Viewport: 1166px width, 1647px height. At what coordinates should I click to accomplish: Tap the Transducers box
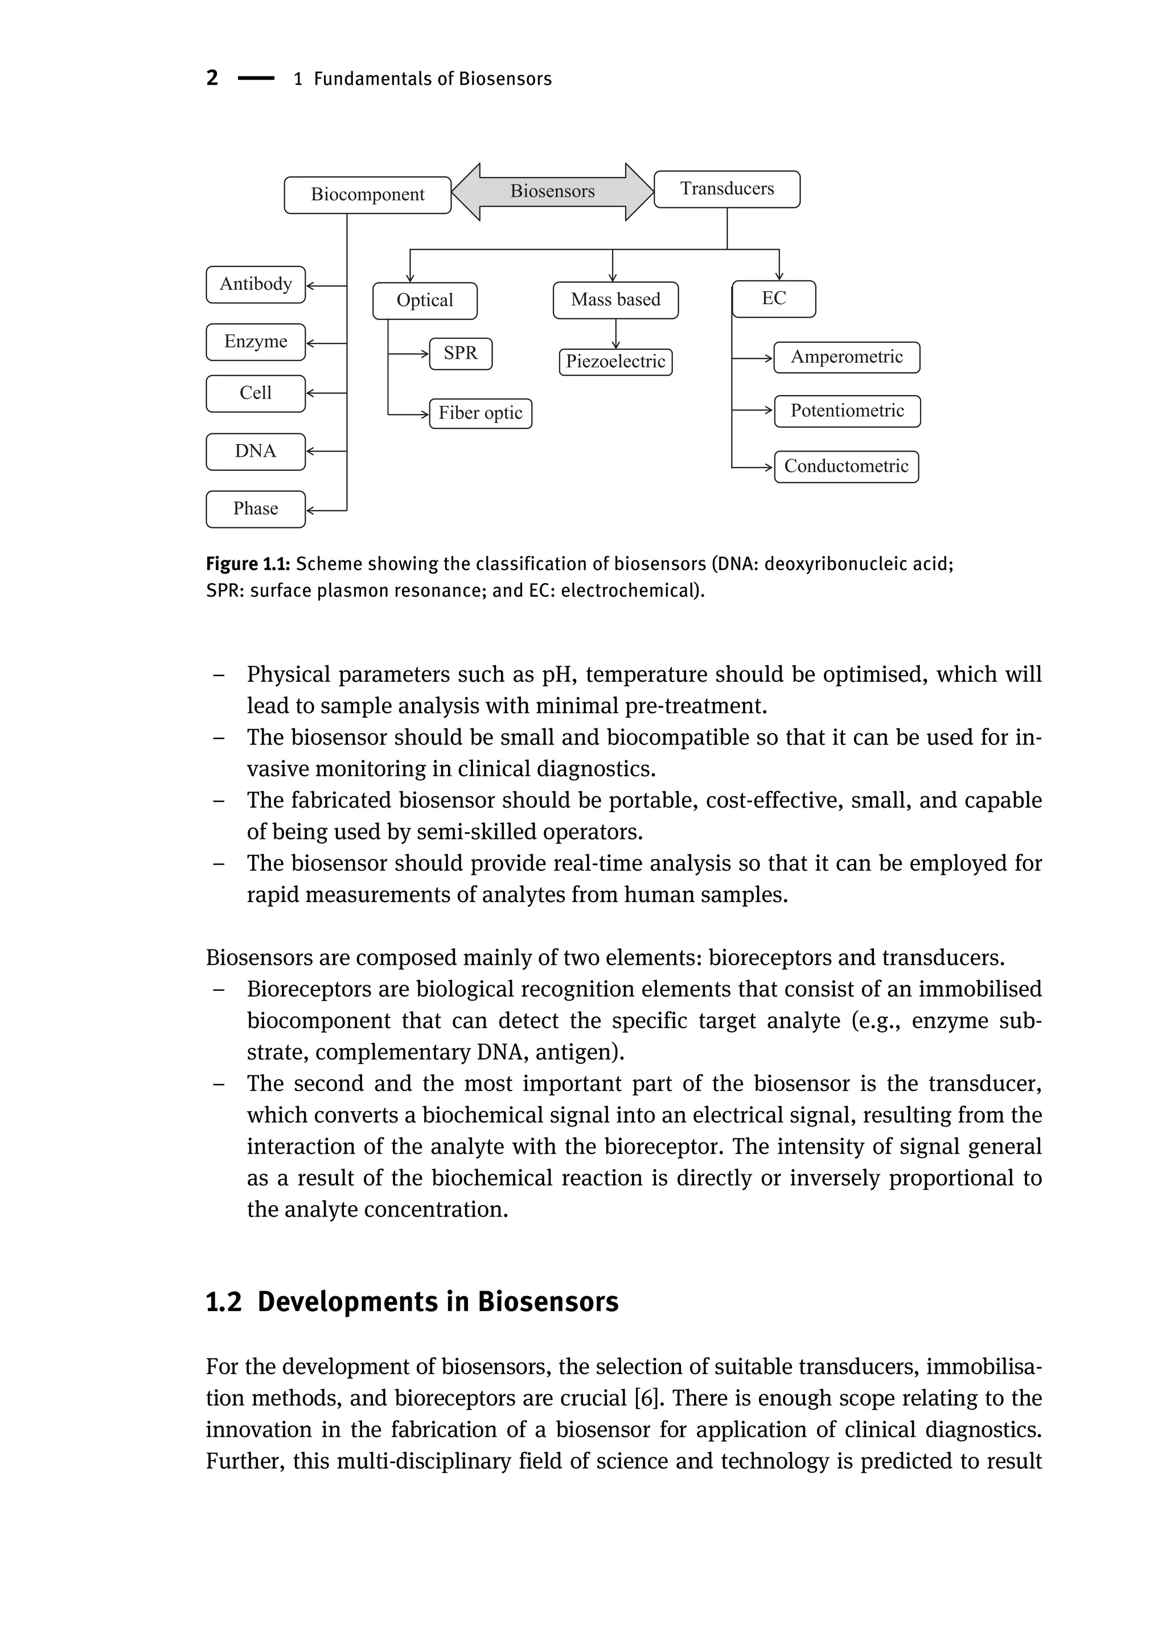pyautogui.click(x=726, y=189)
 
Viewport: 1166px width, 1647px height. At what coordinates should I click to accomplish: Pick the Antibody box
pyautogui.click(x=256, y=284)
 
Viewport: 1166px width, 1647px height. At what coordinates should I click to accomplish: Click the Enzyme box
pyautogui.click(x=256, y=342)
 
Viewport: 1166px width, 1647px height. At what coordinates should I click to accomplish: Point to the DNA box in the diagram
pyautogui.click(x=256, y=451)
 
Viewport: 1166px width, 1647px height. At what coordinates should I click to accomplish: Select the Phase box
pyautogui.click(x=256, y=509)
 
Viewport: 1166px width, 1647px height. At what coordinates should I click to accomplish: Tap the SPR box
pyautogui.click(x=460, y=354)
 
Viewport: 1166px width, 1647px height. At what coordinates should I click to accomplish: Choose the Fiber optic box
pyautogui.click(x=481, y=413)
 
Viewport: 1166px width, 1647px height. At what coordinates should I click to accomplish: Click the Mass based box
pyautogui.click(x=615, y=300)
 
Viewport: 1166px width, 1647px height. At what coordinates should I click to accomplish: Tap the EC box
pyautogui.click(x=773, y=299)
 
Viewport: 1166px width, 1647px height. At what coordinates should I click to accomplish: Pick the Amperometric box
pyautogui.click(x=847, y=357)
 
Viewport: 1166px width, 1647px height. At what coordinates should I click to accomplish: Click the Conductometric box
pyautogui.click(x=846, y=466)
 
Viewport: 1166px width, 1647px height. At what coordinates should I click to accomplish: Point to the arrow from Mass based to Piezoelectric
pyautogui.click(x=615, y=334)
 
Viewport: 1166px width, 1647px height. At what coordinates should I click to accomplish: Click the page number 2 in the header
pyautogui.click(x=212, y=77)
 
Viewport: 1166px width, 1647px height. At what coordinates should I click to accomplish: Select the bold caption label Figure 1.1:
pyautogui.click(x=248, y=564)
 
